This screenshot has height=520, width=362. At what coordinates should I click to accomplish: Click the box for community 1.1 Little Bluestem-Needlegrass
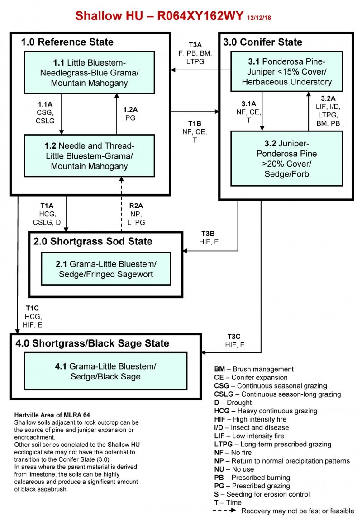pos(90,72)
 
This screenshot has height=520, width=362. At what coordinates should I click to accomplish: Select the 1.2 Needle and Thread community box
pos(90,156)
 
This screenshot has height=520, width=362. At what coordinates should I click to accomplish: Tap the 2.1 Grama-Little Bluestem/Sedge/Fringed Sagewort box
pos(106,268)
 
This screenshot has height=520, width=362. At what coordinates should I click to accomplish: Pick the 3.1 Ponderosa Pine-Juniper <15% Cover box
pos(286,71)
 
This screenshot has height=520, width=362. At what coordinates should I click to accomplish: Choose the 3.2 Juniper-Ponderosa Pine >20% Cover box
pos(286,158)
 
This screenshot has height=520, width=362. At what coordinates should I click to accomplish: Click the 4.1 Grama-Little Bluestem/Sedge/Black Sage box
pos(105,371)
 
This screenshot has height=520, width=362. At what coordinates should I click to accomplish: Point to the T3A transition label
pos(195,45)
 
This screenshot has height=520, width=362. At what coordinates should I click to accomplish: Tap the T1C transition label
pos(32,308)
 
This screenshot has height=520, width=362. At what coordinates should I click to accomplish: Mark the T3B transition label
pos(209,234)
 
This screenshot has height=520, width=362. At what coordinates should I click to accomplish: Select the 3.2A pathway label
pos(328,98)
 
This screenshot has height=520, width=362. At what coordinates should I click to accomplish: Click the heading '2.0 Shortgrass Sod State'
pos(93,241)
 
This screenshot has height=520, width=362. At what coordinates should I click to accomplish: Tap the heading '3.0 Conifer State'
pos(263,42)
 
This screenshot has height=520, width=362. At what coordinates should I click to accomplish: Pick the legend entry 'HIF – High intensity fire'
pos(250,419)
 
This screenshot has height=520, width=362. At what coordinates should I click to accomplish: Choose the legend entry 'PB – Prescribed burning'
pos(252,478)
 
